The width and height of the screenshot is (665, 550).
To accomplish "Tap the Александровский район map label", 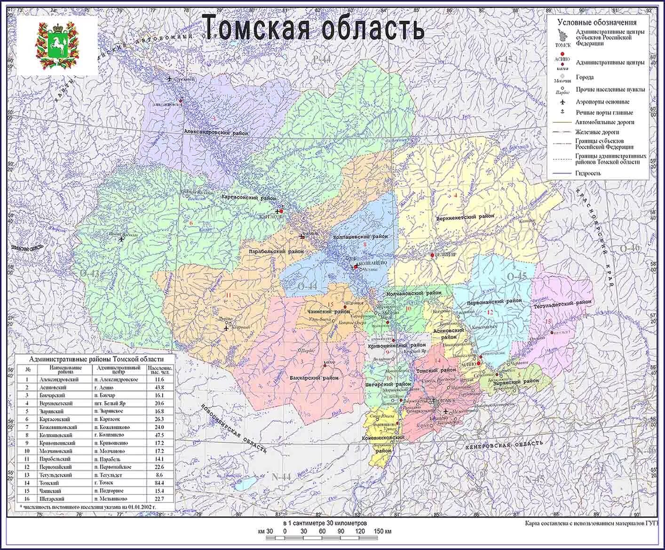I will tap(216, 133).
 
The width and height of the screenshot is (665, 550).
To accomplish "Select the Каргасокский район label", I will tap(249, 199).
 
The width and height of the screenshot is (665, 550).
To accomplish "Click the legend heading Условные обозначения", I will tap(597, 22).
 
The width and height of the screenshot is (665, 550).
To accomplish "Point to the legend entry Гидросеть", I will tap(587, 173).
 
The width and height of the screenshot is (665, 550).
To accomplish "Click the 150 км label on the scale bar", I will tap(383, 531).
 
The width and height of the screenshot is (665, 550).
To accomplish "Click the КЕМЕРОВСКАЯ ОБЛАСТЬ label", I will tap(503, 445).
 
